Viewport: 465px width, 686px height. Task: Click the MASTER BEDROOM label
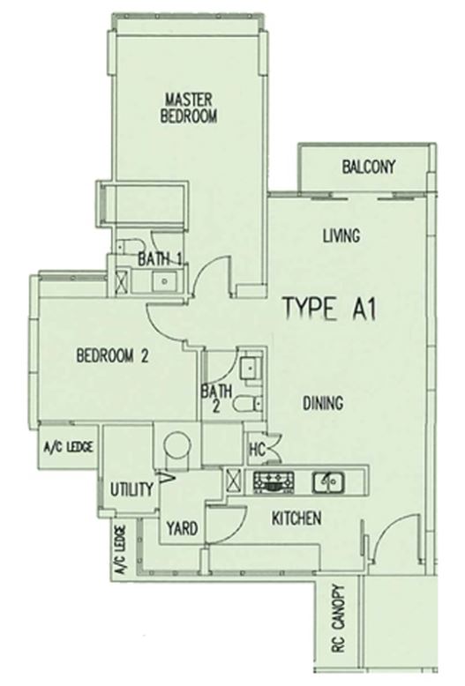point(189,108)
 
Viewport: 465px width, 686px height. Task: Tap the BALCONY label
point(368,167)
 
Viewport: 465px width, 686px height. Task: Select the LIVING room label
point(341,235)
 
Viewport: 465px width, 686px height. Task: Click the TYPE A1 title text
point(330,309)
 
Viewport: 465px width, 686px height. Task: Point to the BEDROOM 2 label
point(113,355)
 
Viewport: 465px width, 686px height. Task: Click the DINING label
point(323,402)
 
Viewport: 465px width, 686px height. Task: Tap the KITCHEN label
point(296,518)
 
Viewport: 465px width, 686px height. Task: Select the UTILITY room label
point(131,489)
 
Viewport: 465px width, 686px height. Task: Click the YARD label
point(182,528)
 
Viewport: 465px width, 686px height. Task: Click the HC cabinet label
point(257,450)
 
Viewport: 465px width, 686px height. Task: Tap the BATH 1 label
point(160,259)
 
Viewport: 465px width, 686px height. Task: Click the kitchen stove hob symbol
point(274,482)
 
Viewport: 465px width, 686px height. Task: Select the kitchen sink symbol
point(328,482)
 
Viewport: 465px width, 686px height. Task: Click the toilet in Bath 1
point(130,245)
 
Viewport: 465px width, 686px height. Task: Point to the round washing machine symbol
point(177,445)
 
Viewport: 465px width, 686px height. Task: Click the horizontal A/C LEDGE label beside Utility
point(69,447)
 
